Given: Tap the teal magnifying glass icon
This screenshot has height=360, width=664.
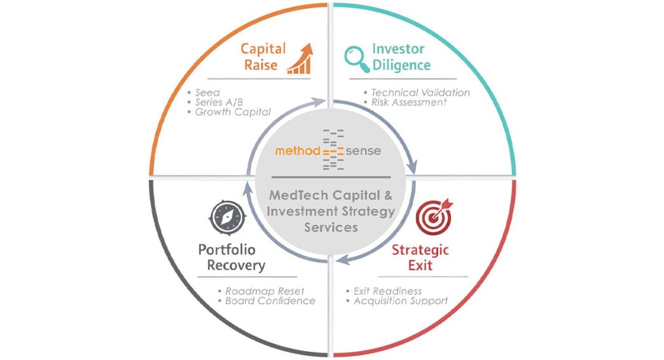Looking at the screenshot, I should click(357, 57).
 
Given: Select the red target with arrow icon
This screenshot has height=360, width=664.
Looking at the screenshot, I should click(434, 215).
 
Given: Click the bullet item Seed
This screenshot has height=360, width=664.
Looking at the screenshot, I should click(207, 93).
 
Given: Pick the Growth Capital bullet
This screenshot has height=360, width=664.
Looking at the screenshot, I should click(233, 112).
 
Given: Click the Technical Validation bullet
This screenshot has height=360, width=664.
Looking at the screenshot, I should click(420, 93).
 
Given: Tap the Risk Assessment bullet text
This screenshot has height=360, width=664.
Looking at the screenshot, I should click(409, 102).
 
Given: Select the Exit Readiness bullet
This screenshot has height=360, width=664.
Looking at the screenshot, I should click(387, 291).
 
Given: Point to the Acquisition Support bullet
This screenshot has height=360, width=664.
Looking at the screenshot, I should click(401, 300).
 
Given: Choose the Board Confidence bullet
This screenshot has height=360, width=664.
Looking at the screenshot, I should click(270, 300).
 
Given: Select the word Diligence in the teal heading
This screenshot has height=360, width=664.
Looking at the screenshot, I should click(401, 66).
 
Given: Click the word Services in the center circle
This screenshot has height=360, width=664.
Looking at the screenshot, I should click(330, 226).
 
